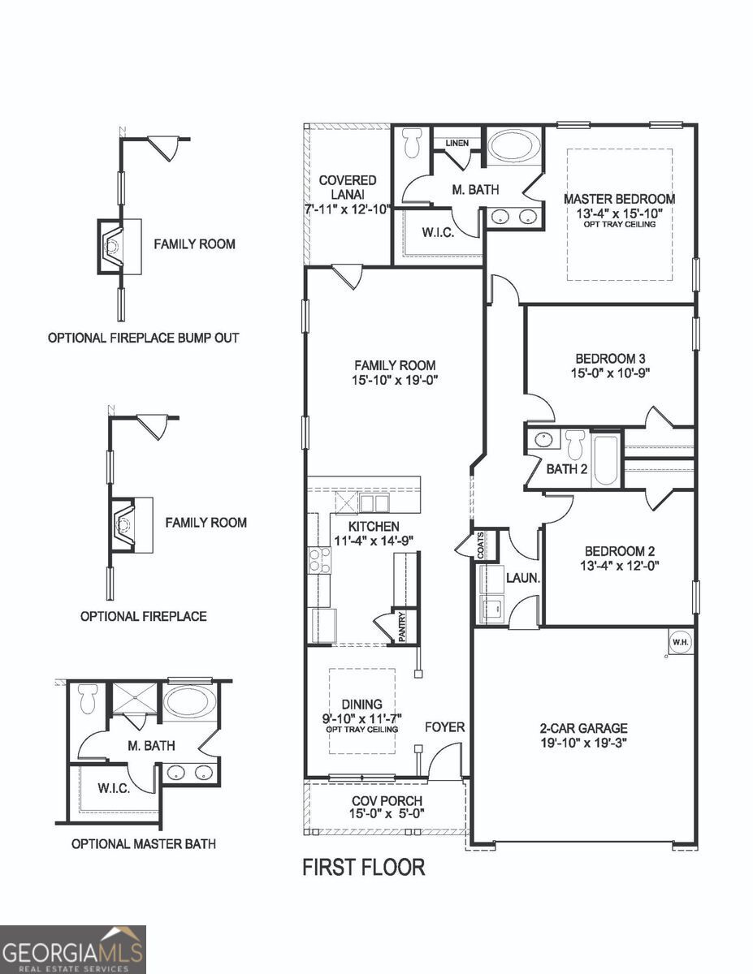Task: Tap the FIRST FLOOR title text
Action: click(x=363, y=867)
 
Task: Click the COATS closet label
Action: click(x=481, y=544)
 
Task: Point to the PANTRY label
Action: click(x=400, y=627)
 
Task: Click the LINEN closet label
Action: click(x=457, y=144)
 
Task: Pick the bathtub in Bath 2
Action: click(x=605, y=459)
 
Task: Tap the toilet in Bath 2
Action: click(x=575, y=445)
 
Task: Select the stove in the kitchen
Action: click(x=318, y=560)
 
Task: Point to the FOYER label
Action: click(x=445, y=727)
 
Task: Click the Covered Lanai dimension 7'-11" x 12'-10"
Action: click(x=348, y=209)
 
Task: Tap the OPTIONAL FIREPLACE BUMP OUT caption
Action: click(x=144, y=338)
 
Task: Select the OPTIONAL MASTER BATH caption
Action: click(x=144, y=843)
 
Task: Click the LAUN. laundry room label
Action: click(x=523, y=579)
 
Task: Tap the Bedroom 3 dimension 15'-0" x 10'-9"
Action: click(x=611, y=373)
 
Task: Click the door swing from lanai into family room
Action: click(x=348, y=276)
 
